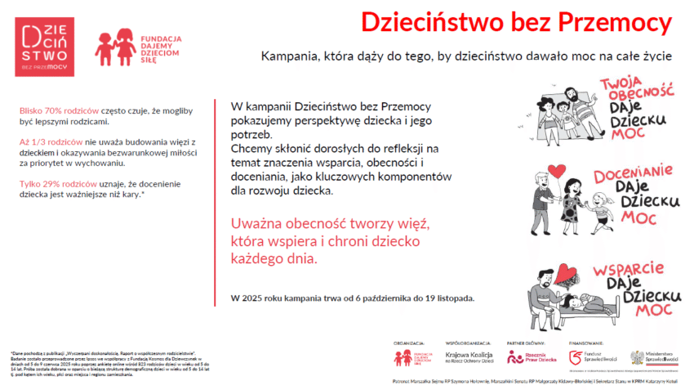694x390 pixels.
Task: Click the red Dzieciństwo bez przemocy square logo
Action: [x=44, y=47]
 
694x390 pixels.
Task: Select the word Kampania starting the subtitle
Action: [x=290, y=57]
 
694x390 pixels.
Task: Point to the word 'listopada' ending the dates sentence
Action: [x=454, y=298]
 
